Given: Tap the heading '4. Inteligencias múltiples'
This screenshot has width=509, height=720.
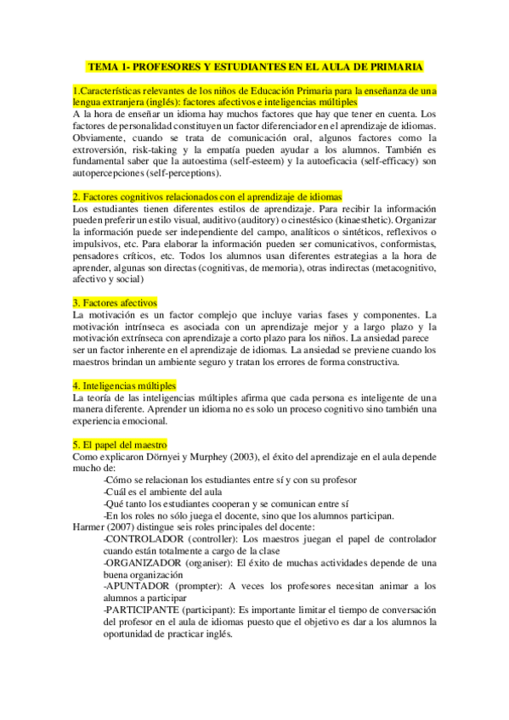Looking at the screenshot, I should click(x=124, y=385).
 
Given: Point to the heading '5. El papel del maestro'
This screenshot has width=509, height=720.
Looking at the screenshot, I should click(x=120, y=444).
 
